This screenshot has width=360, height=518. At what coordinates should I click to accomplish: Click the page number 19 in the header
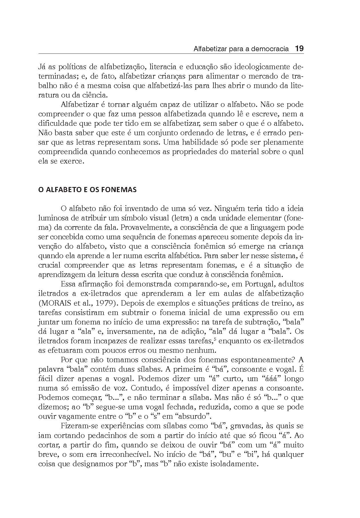pyautogui.click(x=299, y=49)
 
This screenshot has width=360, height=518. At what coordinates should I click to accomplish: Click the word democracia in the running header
pyautogui.click(x=271, y=49)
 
